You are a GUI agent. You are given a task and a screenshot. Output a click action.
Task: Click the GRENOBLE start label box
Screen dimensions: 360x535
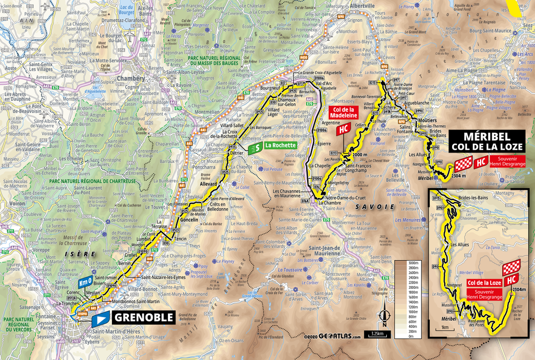143,318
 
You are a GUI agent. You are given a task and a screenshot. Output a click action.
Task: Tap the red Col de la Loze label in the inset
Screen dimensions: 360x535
483,282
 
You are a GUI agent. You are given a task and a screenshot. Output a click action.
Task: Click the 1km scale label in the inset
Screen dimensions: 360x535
445,326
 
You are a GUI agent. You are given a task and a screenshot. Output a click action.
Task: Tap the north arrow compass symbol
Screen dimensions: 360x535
384,318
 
